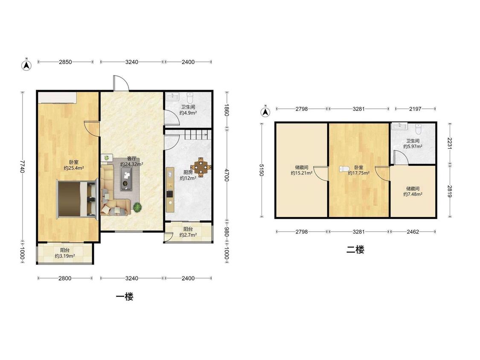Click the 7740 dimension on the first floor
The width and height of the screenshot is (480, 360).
[22, 166]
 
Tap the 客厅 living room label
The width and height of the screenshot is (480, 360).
[132, 158]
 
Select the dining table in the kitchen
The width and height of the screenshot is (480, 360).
[201, 167]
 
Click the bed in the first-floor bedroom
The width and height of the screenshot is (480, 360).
[76, 199]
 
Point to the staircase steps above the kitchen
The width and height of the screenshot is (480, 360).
[198, 135]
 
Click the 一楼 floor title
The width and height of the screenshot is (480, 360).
[125, 296]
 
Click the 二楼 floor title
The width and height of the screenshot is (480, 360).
[355, 250]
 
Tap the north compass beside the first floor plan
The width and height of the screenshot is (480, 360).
[26, 65]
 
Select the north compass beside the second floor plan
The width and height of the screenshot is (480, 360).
[265, 112]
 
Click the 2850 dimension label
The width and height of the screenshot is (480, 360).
[65, 62]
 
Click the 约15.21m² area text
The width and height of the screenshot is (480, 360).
[302, 173]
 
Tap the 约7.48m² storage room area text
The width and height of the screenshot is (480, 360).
[413, 194]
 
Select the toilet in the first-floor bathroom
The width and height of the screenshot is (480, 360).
[190, 98]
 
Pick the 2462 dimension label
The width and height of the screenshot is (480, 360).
[413, 232]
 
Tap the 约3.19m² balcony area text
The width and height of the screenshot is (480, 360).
[65, 256]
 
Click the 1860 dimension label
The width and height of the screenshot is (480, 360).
[227, 110]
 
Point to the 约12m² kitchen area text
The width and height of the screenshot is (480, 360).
[188, 178]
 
